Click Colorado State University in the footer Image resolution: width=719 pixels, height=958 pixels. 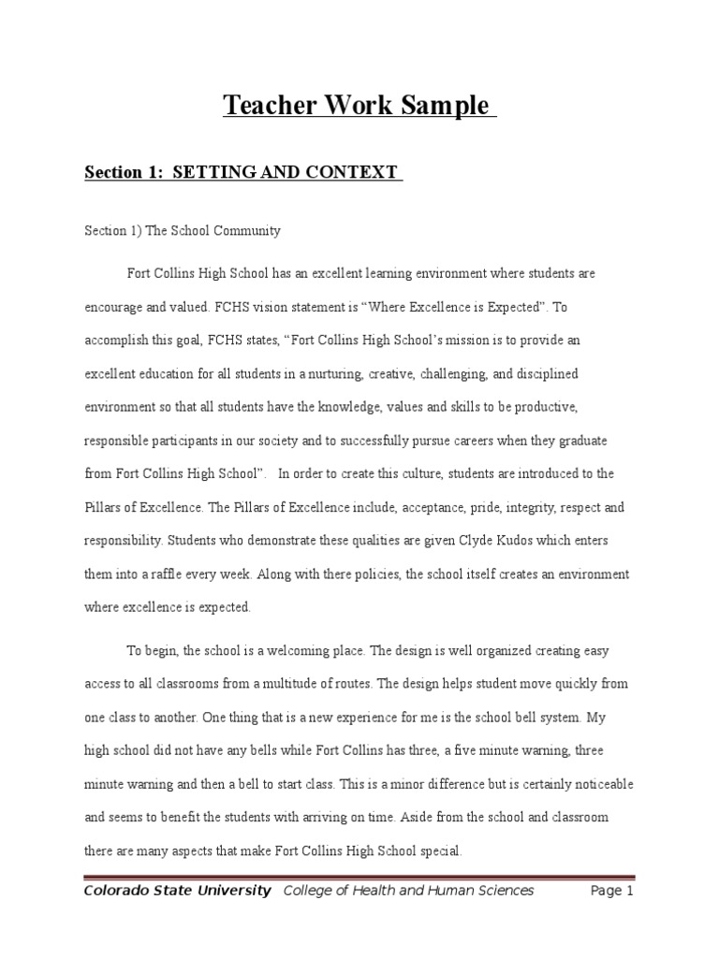point(178,891)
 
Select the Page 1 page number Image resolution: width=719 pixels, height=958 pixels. point(612,891)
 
